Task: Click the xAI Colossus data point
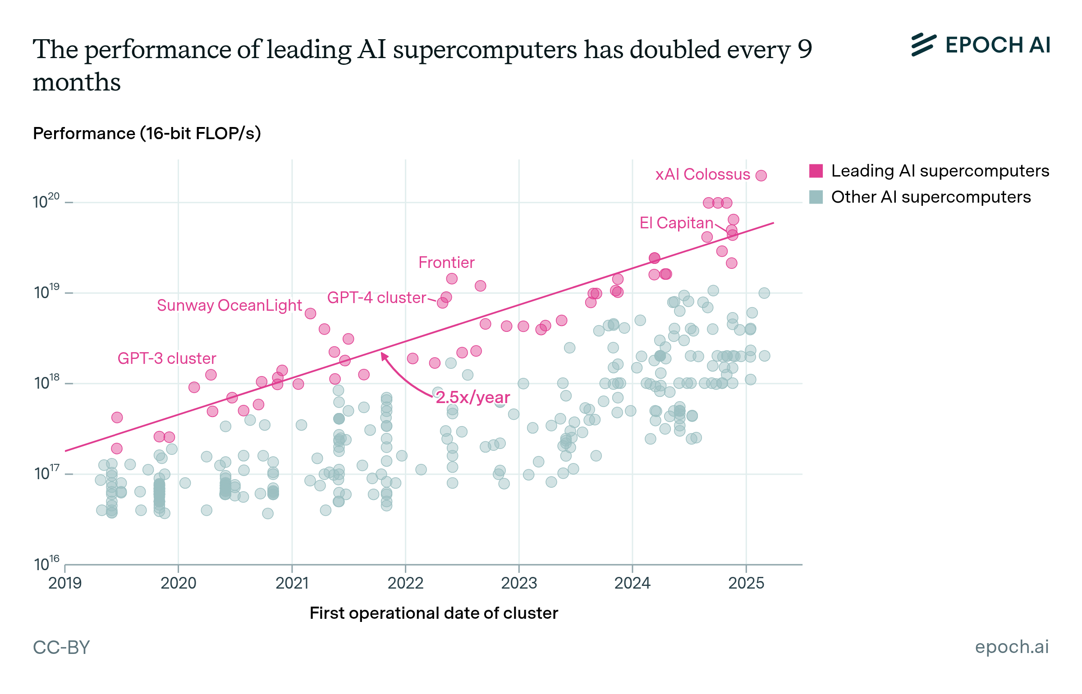tap(761, 175)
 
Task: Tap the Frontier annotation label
tap(446, 262)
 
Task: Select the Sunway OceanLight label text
tap(229, 305)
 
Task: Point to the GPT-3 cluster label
tap(167, 358)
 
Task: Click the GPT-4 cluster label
tap(376, 297)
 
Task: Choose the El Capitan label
tap(676, 222)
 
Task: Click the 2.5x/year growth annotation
tap(472, 397)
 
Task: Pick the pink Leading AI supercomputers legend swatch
tap(816, 171)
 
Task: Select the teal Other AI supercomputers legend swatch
tap(816, 197)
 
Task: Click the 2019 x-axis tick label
tap(65, 583)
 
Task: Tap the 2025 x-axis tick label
tap(746, 583)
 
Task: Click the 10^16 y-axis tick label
tap(46, 564)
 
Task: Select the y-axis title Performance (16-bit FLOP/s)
tap(147, 133)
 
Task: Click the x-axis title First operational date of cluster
tap(433, 613)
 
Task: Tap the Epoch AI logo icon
tap(923, 45)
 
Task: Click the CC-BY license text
tap(61, 647)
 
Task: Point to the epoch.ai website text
tap(1012, 647)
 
